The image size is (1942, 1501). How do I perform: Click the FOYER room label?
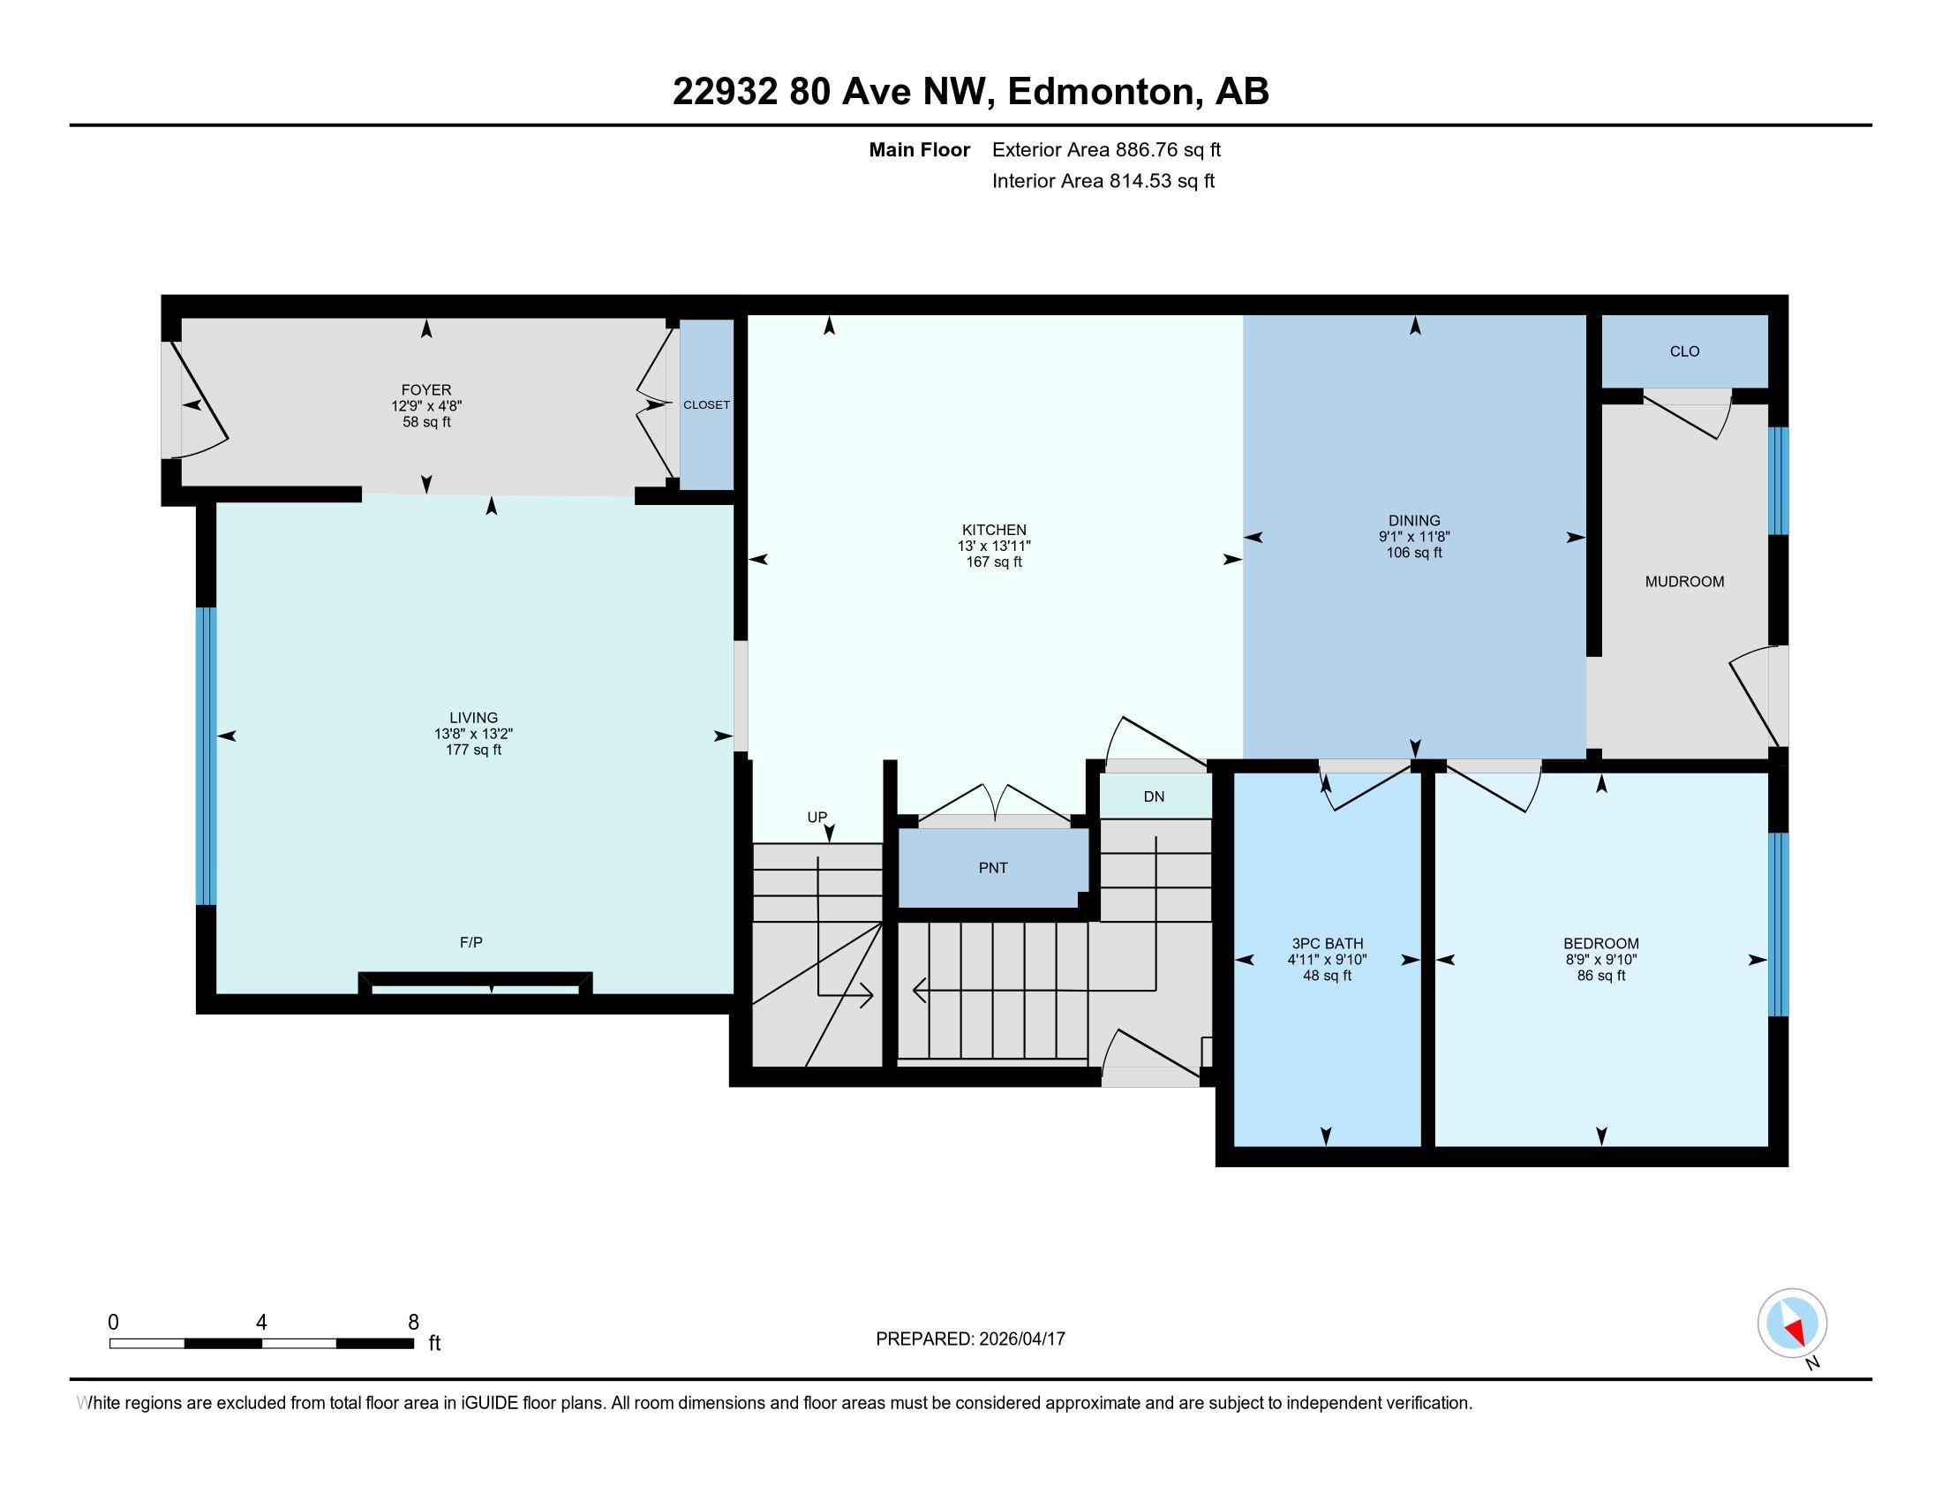pos(426,389)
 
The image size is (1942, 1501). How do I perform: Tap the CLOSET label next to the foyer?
pos(706,404)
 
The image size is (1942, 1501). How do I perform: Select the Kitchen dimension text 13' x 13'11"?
pos(993,546)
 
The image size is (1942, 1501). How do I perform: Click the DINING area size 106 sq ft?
pos(1414,553)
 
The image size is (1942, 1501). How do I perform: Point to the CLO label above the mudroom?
pos(1684,351)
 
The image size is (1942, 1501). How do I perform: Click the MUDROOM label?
pos(1684,582)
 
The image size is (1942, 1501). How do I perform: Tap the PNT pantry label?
pos(992,868)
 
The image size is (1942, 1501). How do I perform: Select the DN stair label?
pos(1154,796)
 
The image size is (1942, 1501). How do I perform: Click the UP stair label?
pos(817,818)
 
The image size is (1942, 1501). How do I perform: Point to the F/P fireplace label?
pos(471,943)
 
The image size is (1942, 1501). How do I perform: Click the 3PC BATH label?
pos(1327,944)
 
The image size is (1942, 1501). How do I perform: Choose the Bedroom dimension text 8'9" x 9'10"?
pos(1600,960)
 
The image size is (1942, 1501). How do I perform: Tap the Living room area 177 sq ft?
pos(473,750)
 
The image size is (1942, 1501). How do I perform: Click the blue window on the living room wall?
pos(207,756)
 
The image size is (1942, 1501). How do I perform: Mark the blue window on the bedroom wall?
pos(1777,924)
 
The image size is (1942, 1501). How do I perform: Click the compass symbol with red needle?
pos(1792,1324)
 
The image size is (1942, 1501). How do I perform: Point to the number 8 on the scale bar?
pos(412,1323)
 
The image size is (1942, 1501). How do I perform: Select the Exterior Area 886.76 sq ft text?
pos(1106,150)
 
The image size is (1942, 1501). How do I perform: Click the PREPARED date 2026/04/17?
pos(1020,1339)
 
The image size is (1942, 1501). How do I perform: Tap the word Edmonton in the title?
pos(1100,92)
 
